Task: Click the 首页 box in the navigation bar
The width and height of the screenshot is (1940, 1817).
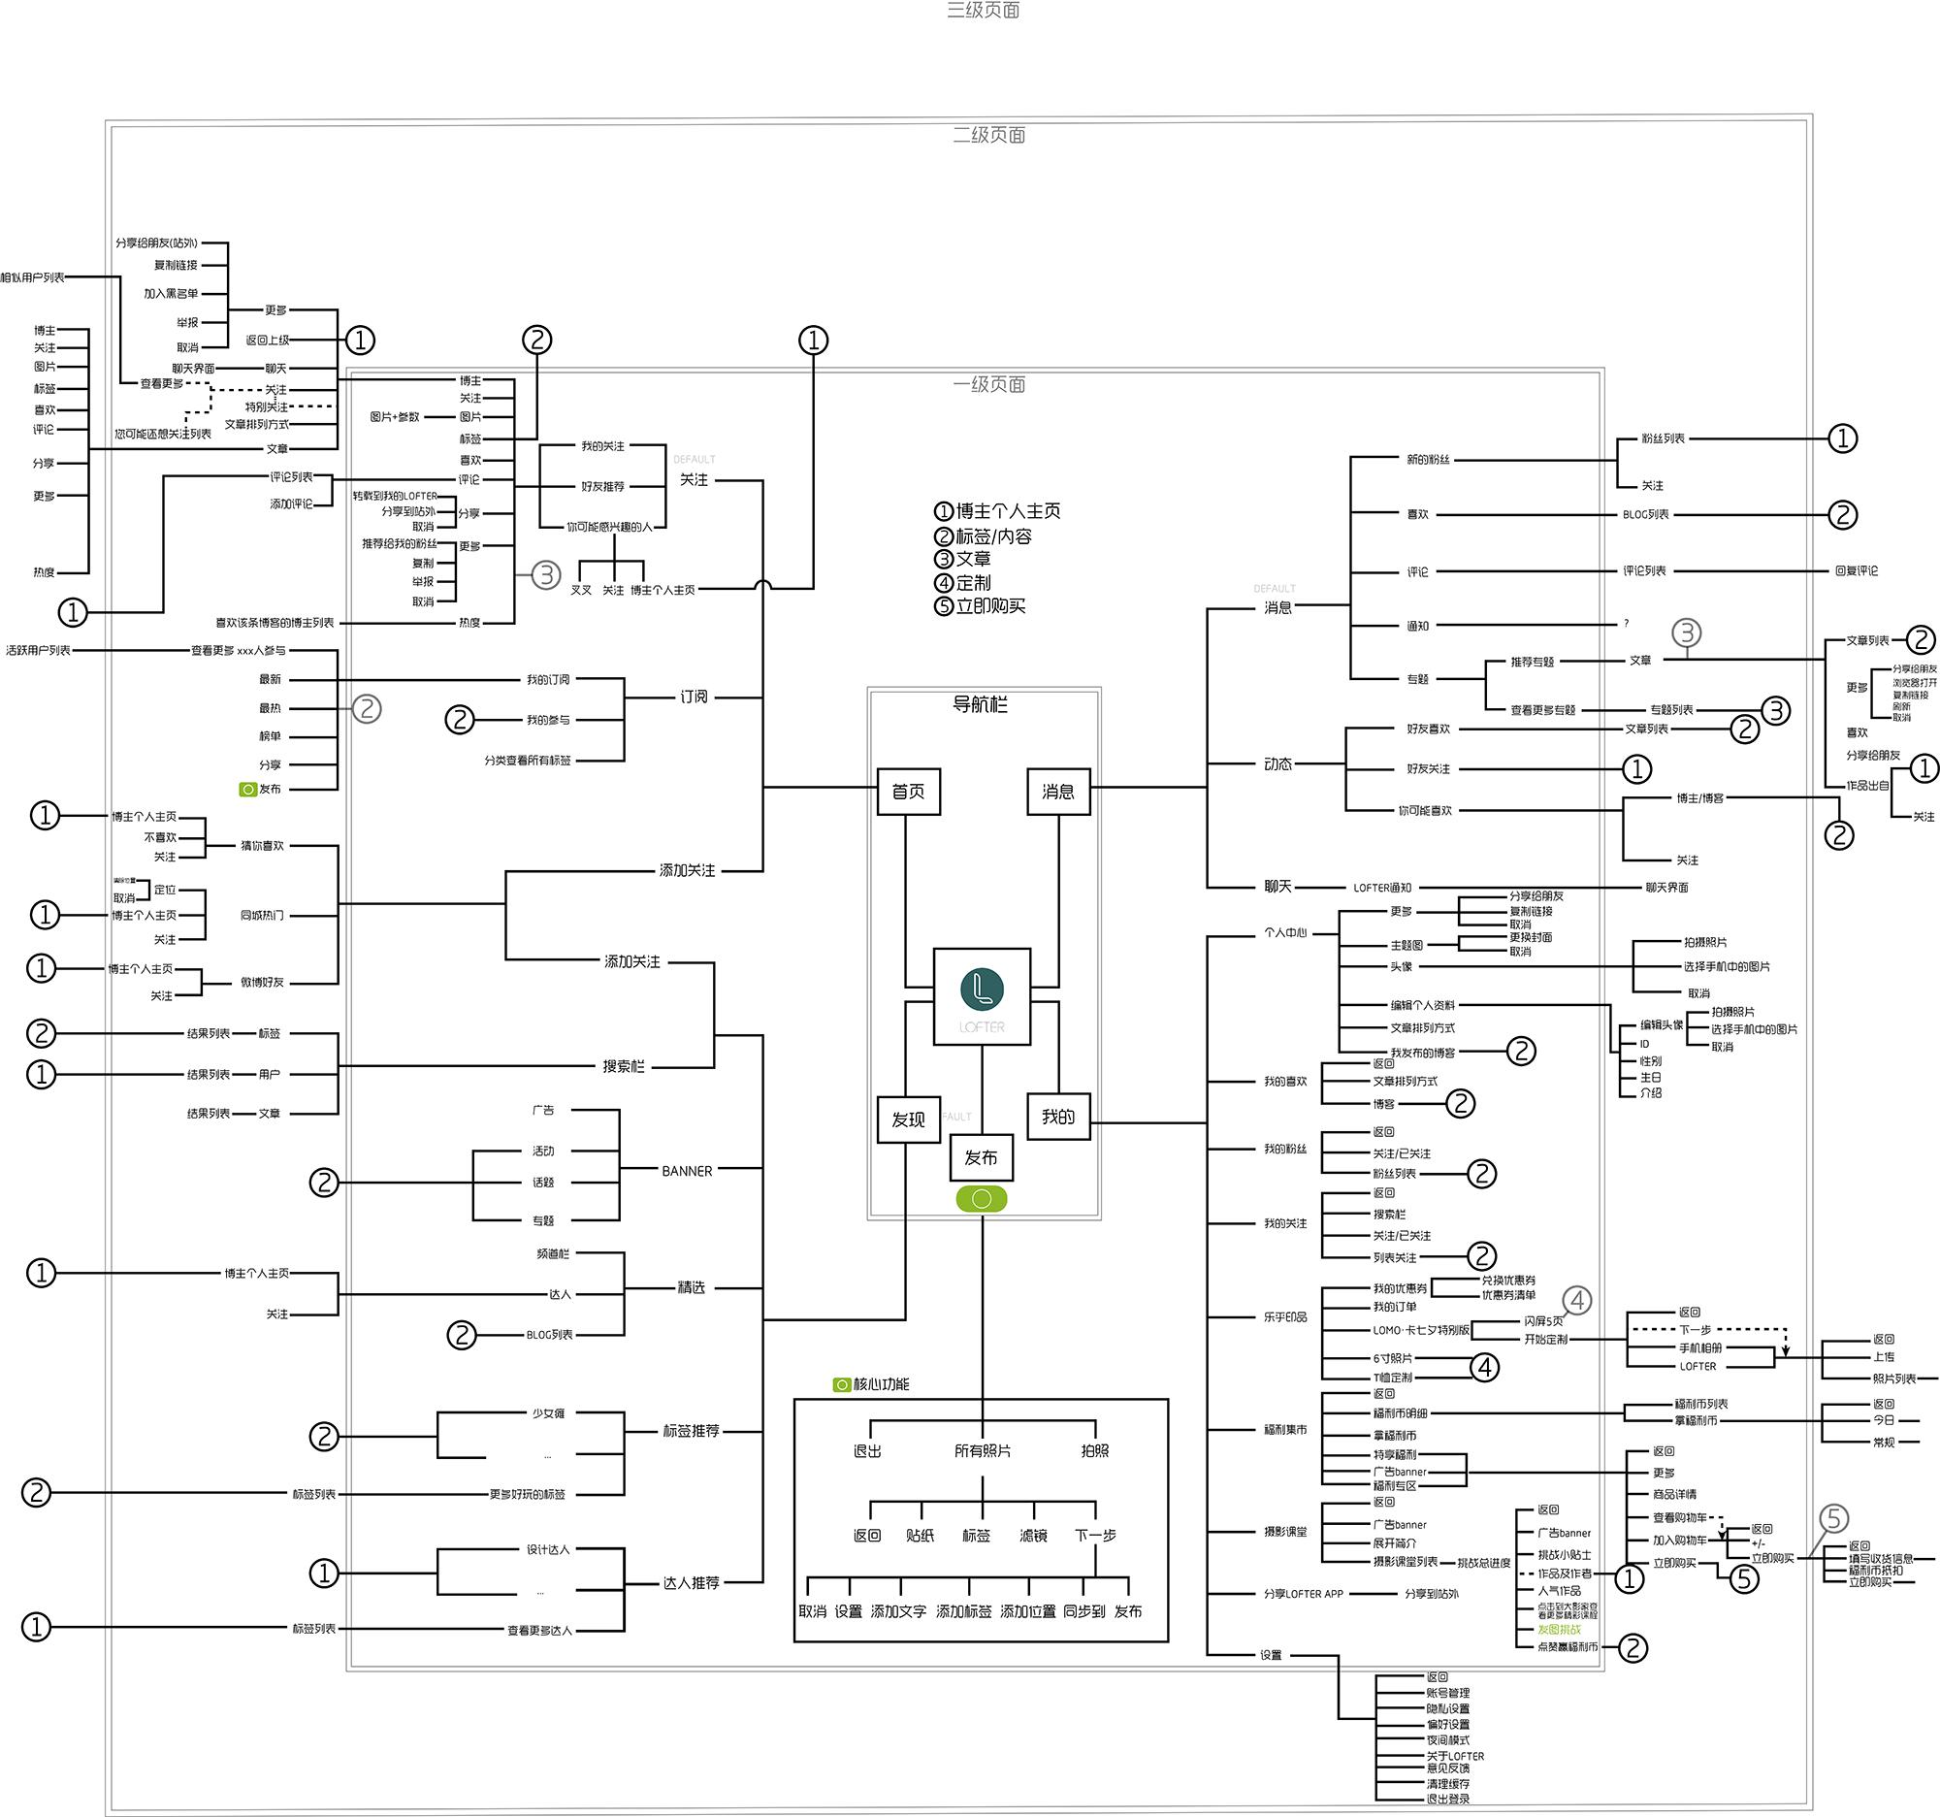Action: coord(908,792)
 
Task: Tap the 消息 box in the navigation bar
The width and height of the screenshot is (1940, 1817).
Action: coord(1058,792)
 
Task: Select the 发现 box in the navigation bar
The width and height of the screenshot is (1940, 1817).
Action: coord(908,1119)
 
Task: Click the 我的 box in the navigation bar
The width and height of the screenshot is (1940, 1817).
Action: coord(1058,1117)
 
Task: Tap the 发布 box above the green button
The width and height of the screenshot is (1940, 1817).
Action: coord(981,1157)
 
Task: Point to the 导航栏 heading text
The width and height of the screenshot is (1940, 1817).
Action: coord(980,704)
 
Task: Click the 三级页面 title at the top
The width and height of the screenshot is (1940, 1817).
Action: coord(983,11)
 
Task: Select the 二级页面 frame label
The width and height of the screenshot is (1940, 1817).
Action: coord(988,136)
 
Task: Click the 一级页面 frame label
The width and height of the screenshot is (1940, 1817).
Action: coord(988,384)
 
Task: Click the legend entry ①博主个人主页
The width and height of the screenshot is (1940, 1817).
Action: coord(997,511)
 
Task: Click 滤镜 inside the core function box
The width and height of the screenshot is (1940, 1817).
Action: coord(1033,1536)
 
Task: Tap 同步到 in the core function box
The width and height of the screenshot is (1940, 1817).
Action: coord(1083,1612)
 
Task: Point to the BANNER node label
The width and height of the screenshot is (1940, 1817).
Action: coord(687,1171)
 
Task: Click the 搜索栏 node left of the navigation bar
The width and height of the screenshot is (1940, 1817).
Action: coord(624,1066)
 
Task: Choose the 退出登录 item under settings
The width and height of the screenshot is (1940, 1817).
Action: coord(1447,1799)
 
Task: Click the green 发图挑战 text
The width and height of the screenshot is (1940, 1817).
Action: coord(1559,1630)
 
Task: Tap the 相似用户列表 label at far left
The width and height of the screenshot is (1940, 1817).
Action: coord(32,278)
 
